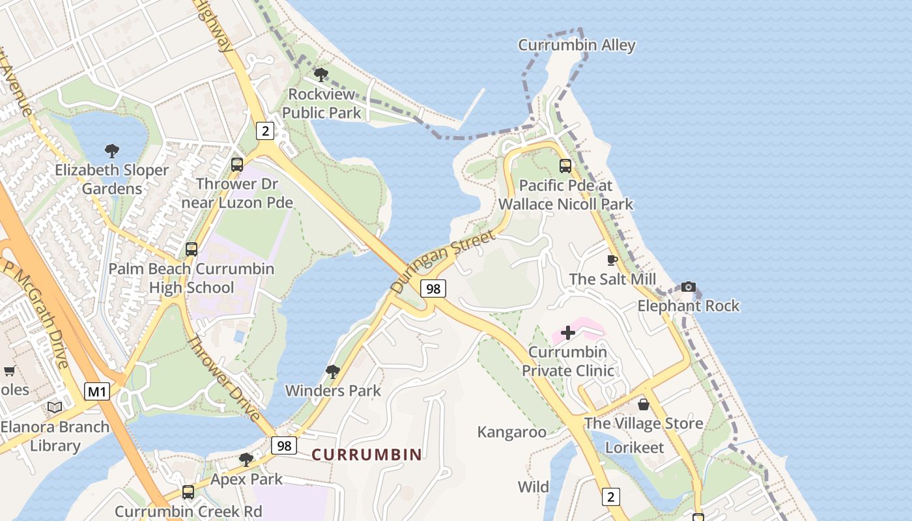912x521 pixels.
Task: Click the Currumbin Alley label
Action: (x=577, y=46)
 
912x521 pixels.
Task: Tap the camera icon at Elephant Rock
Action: (x=688, y=287)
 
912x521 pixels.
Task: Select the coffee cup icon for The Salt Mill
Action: (x=612, y=260)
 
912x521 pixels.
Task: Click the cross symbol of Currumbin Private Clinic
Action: (x=568, y=333)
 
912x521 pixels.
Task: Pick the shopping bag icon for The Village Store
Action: (x=644, y=404)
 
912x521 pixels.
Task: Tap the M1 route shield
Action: (x=97, y=391)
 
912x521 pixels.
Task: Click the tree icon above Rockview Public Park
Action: (x=321, y=75)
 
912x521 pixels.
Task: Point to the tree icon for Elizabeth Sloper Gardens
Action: (x=112, y=152)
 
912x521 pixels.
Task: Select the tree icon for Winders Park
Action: (x=333, y=372)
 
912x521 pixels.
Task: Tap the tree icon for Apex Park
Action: (x=246, y=460)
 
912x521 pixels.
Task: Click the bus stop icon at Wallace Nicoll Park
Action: (x=565, y=166)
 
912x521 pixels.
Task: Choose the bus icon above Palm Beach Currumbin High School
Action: (x=192, y=249)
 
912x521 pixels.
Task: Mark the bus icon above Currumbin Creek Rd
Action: (x=188, y=492)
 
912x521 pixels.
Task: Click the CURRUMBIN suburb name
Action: (x=367, y=455)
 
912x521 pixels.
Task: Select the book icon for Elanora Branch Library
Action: (x=55, y=408)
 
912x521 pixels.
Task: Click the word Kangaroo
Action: (x=511, y=432)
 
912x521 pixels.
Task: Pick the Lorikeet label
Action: (x=634, y=447)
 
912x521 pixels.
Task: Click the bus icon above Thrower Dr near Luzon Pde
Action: (x=237, y=165)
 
